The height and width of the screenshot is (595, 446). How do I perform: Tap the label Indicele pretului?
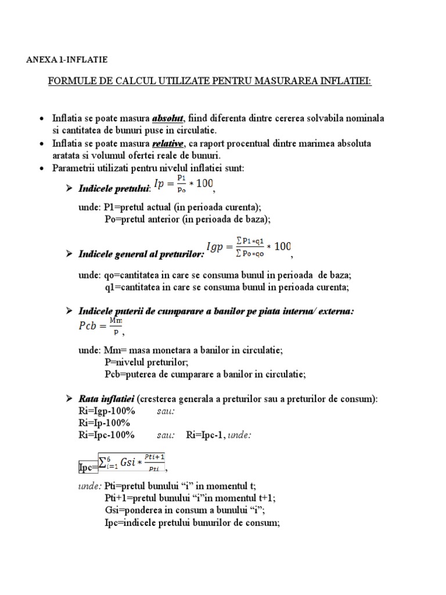[114, 188]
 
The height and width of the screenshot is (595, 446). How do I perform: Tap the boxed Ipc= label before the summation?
[87, 467]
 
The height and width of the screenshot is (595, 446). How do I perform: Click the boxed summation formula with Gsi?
[131, 463]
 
